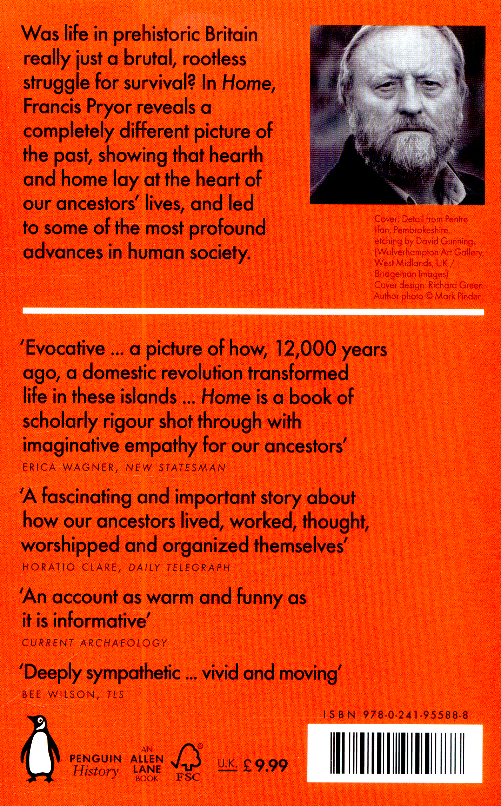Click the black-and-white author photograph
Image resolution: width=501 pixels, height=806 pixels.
398,115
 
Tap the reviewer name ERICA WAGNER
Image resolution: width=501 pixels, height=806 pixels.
68,468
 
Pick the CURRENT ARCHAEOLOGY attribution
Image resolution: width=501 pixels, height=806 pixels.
94,643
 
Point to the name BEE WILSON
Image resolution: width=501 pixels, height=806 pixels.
58,694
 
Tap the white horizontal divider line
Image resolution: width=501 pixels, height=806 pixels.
253,312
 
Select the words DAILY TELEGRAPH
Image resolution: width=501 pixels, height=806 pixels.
179,567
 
